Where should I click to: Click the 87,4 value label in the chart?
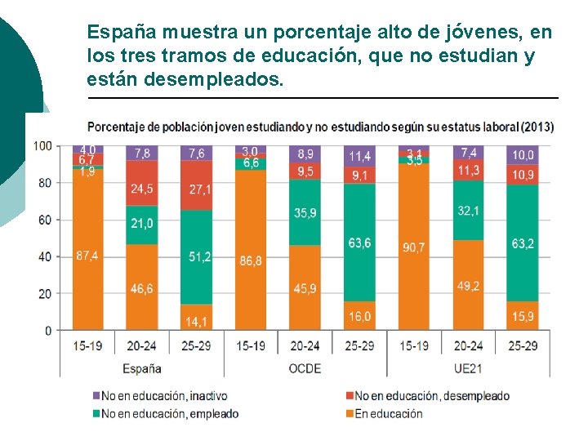click(87, 256)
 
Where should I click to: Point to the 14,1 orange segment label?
click(197, 320)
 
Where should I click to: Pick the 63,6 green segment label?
click(359, 243)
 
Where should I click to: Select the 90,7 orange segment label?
click(413, 246)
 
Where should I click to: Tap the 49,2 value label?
click(468, 286)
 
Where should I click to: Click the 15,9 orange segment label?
click(523, 316)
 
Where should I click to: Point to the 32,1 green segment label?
click(468, 211)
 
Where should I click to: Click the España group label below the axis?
click(142, 368)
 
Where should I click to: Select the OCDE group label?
click(305, 368)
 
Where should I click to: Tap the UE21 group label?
click(468, 368)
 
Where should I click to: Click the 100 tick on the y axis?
click(43, 146)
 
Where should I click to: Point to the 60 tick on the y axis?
click(46, 220)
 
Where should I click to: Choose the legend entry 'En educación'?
click(388, 413)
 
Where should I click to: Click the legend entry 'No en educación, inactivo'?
click(164, 396)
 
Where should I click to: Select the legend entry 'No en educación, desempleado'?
click(432, 396)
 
